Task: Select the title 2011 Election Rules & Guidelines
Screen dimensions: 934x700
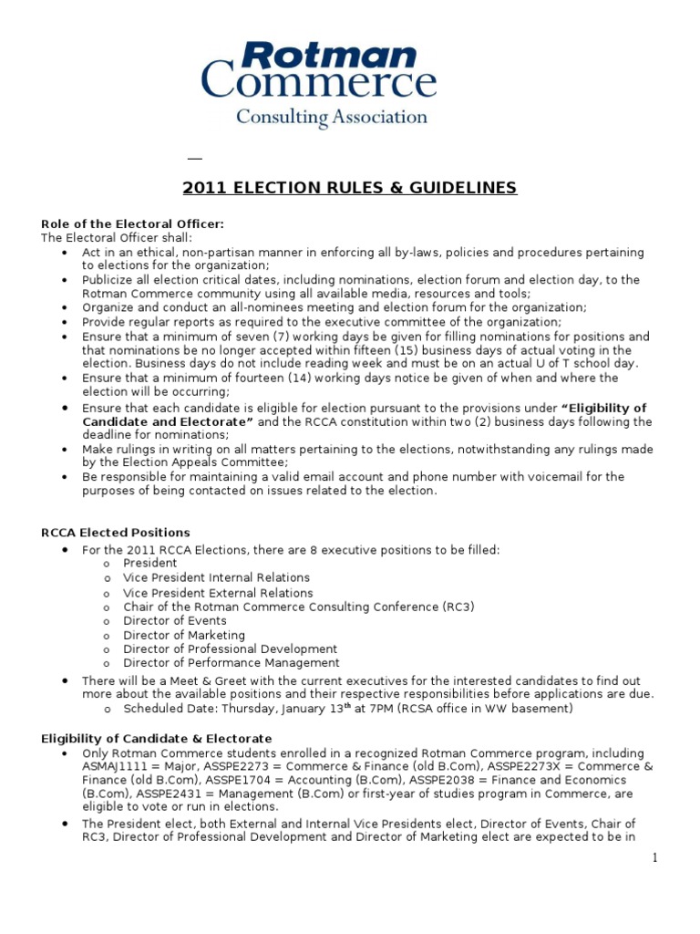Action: coord(349,189)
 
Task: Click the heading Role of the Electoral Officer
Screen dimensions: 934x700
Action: coord(132,224)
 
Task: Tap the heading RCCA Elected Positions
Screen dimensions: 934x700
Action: coord(116,533)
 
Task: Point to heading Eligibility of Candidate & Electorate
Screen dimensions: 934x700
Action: coord(157,738)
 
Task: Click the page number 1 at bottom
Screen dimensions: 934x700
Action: coord(654,857)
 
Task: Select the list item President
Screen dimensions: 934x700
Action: coord(150,564)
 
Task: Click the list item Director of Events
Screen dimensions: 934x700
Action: coord(175,621)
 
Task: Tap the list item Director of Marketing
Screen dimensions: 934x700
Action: coord(184,635)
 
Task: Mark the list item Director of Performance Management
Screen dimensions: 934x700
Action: coord(232,663)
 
